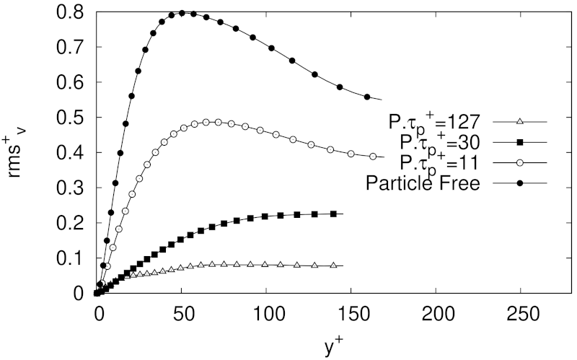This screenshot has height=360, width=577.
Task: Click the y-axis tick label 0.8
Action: [x=69, y=12]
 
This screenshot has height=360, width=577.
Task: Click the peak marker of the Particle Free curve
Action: [x=182, y=12]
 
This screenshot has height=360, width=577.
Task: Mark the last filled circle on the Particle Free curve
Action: [x=367, y=97]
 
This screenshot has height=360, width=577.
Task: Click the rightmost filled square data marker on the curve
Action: [x=332, y=214]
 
